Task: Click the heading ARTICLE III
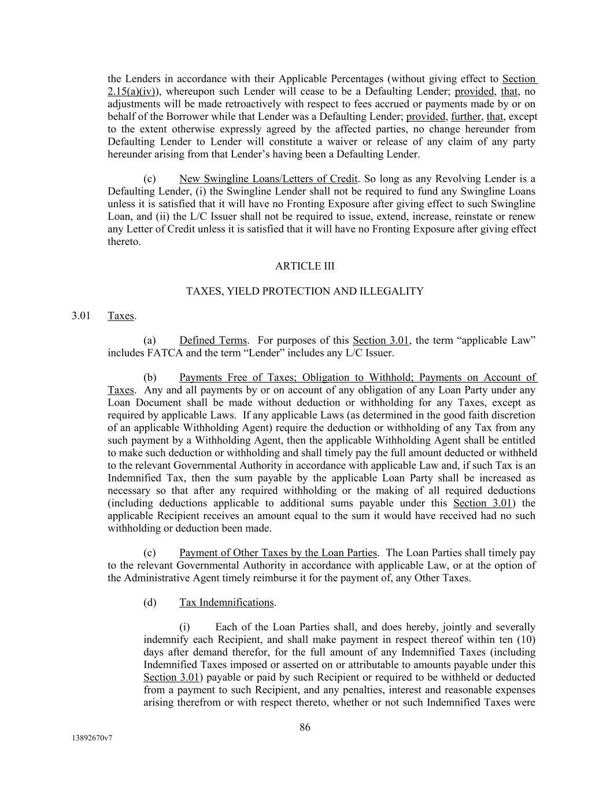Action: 305,266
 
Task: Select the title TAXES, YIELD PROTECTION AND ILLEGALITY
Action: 305,291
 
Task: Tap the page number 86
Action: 305,727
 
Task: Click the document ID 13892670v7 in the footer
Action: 92,738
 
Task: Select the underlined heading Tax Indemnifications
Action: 227,602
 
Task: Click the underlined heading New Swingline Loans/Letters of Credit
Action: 268,179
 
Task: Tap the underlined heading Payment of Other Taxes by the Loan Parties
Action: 278,553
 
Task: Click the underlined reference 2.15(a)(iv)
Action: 136,91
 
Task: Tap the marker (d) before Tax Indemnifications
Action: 150,602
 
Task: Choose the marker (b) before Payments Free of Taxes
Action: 150,378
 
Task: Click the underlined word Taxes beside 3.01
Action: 121,316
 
